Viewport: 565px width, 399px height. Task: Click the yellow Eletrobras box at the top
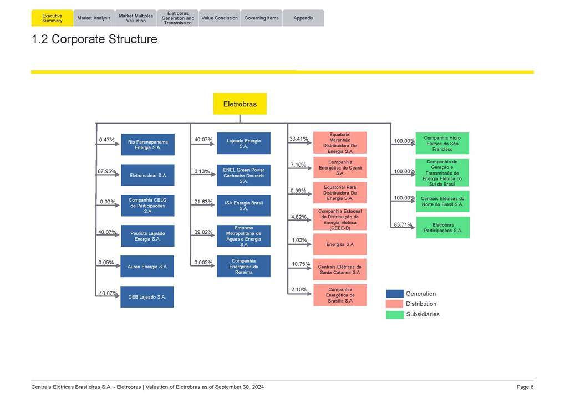[240, 104]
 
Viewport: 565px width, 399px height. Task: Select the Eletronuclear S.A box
[147, 175]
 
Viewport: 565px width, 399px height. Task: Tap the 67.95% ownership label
[107, 172]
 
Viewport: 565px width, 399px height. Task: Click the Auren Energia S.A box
[147, 267]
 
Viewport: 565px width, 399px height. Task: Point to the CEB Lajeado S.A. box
[147, 297]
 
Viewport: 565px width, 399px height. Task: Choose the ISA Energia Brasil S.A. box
[243, 206]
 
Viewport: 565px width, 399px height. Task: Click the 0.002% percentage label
[203, 262]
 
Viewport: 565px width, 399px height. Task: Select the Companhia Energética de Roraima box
[243, 267]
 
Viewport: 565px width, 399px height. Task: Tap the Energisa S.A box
[340, 244]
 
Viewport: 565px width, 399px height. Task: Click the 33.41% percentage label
[299, 139]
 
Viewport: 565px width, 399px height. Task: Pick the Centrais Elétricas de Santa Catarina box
[340, 269]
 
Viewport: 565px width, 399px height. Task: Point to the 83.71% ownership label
[403, 224]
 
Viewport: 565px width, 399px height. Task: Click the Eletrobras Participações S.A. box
[443, 228]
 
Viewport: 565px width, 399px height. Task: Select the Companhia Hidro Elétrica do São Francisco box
[442, 144]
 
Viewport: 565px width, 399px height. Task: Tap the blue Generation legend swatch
[394, 294]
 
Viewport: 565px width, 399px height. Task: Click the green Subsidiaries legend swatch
[394, 314]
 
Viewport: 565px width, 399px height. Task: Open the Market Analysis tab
[94, 18]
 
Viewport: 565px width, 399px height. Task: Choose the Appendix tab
[303, 18]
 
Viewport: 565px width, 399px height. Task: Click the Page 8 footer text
[525, 387]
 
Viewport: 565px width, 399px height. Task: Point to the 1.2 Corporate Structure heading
[95, 39]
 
